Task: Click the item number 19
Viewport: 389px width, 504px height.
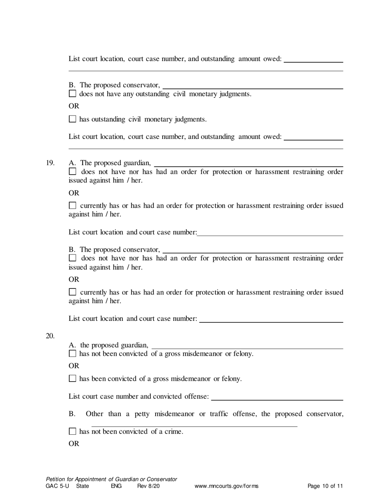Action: (x=50, y=163)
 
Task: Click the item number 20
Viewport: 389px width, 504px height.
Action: (x=50, y=336)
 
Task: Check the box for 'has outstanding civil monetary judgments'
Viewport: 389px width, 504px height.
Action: (x=72, y=119)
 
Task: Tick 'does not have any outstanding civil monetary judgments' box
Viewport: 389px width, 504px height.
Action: (x=72, y=94)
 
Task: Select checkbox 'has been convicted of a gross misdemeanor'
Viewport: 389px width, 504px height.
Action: (x=72, y=379)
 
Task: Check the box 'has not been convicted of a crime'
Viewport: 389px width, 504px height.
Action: (x=72, y=431)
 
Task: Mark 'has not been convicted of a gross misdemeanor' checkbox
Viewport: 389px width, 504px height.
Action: (x=72, y=353)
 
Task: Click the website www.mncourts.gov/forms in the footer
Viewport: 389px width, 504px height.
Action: (x=226, y=486)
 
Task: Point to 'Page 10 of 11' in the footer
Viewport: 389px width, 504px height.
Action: (x=325, y=486)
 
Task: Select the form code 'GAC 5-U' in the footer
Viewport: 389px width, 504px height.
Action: (x=57, y=486)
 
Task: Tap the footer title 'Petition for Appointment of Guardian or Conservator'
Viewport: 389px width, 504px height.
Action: (x=111, y=479)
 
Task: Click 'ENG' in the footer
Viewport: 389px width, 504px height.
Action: (x=116, y=486)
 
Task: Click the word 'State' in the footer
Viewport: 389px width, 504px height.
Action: (x=82, y=486)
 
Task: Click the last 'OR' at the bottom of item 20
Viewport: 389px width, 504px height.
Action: (x=74, y=444)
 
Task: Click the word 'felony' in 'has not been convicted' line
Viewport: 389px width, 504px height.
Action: (x=243, y=353)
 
